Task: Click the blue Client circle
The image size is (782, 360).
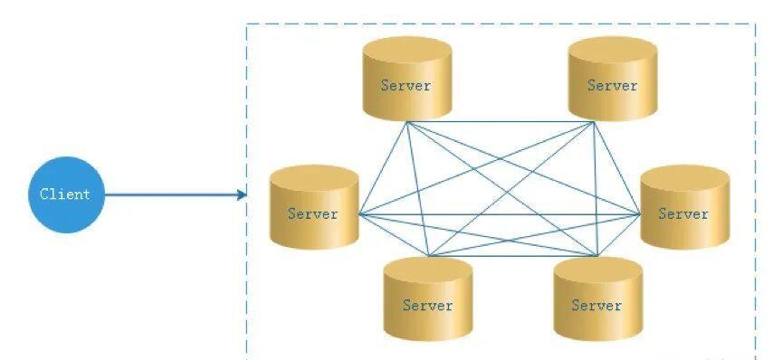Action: click(x=66, y=194)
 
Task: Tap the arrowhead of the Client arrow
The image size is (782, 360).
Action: click(x=243, y=194)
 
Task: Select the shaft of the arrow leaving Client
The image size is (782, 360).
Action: click(x=172, y=194)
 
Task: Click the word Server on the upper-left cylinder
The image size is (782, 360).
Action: click(x=405, y=85)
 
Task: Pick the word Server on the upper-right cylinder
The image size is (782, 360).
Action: click(x=612, y=85)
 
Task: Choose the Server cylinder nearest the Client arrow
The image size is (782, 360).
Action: click(x=314, y=206)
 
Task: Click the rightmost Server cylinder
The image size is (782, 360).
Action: click(x=685, y=206)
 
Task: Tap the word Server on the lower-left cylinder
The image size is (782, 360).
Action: click(x=428, y=305)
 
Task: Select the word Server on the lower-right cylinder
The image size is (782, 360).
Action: click(x=596, y=305)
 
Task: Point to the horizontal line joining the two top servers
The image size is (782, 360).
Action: click(x=501, y=122)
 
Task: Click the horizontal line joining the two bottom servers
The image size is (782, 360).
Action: click(x=513, y=256)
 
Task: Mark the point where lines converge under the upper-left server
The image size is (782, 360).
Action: click(x=407, y=122)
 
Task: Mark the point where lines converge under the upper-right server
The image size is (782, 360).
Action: click(x=594, y=122)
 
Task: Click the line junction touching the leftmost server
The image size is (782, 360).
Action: click(x=359, y=213)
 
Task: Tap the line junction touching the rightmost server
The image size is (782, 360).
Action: click(x=641, y=213)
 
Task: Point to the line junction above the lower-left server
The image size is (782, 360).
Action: click(x=429, y=256)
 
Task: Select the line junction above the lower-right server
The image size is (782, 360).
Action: click(x=597, y=256)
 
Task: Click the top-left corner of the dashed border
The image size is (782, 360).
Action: click(x=247, y=24)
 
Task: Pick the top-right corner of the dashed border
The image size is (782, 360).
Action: click(x=755, y=24)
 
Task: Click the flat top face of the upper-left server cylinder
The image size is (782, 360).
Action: click(x=407, y=50)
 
